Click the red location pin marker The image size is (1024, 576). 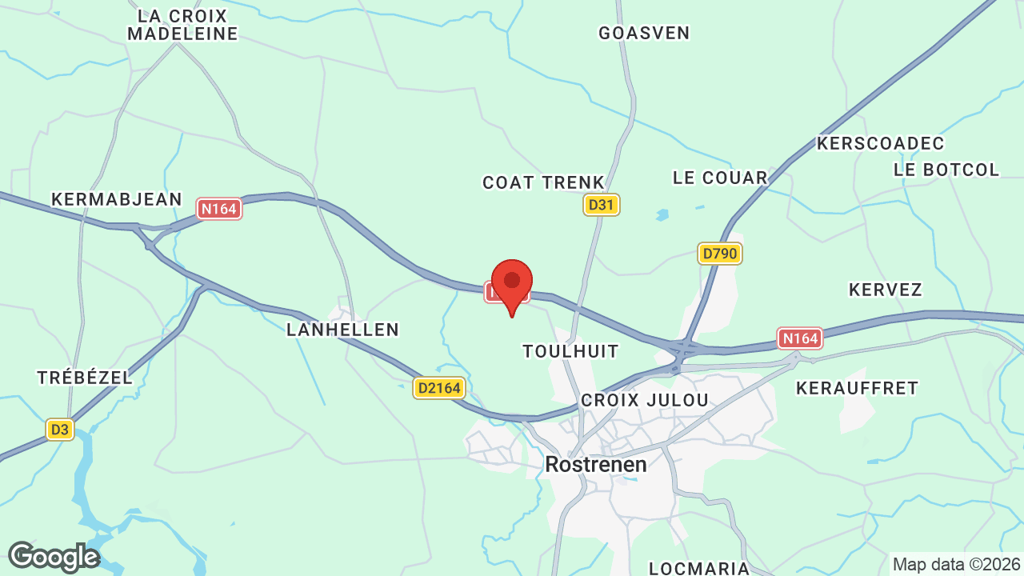coord(512,285)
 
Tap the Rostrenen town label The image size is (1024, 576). coord(595,464)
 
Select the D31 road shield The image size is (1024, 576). coord(601,205)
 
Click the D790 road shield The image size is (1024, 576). coord(720,254)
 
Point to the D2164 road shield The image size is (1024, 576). coord(439,388)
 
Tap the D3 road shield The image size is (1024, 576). coord(59,430)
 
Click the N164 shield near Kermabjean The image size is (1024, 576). coord(219,209)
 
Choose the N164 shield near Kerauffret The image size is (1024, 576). coord(800,338)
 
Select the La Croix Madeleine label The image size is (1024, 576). coord(182,25)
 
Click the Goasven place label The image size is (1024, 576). coord(644,33)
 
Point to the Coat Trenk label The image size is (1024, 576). coord(543,182)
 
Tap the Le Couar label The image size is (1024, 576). coord(720,178)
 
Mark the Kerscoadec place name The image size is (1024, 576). coord(881,143)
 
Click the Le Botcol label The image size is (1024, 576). coord(946,170)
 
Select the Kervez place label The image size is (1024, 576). coord(886,290)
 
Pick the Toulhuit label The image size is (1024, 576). coord(570,351)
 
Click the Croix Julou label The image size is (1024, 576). coord(645,400)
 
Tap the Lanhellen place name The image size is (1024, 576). coord(342,330)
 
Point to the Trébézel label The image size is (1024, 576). coord(85,378)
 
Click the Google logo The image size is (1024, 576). coord(54,557)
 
